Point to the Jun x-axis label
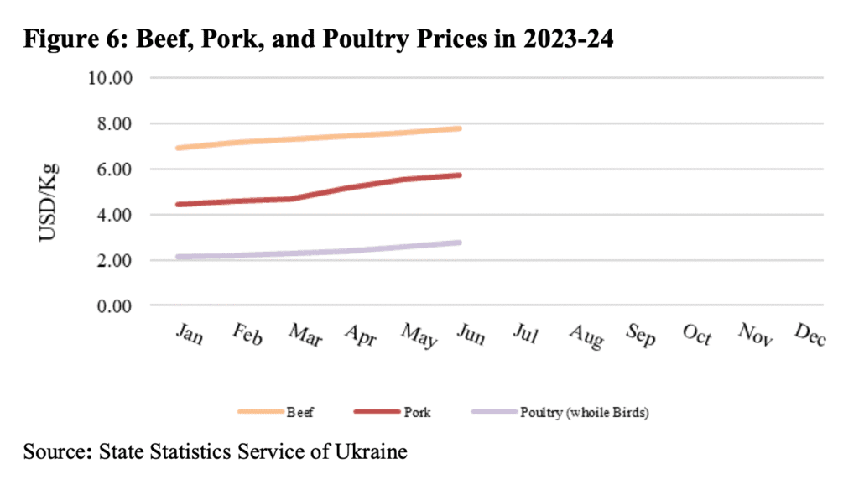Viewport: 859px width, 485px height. tap(472, 334)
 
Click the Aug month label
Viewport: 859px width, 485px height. tap(586, 336)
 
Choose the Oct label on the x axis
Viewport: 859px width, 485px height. tap(697, 335)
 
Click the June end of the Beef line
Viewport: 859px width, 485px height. tap(460, 128)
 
